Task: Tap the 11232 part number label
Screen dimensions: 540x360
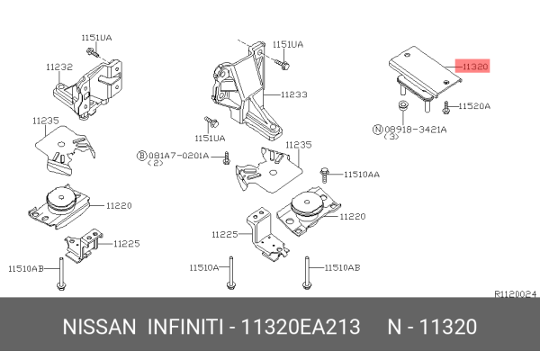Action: pos(59,67)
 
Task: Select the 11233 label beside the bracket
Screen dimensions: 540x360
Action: pos(293,94)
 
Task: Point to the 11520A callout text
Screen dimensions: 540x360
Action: pos(474,106)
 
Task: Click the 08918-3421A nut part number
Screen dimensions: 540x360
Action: pos(416,130)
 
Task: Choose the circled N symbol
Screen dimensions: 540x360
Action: pos(378,130)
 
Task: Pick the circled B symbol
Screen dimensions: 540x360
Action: pos(142,156)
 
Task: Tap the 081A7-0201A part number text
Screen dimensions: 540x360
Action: pos(179,156)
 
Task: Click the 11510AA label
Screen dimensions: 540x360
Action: pos(362,175)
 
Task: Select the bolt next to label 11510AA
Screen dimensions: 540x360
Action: pos(324,175)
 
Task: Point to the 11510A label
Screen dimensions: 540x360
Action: pos(204,267)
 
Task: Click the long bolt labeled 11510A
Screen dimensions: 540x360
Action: pos(230,273)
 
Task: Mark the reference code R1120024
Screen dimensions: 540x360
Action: pos(516,294)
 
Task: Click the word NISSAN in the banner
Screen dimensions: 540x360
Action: pos(99,327)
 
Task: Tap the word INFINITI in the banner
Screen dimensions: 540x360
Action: pos(185,327)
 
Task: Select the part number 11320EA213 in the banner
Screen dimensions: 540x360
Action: pos(301,327)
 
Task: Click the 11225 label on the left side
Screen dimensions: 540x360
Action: pos(127,244)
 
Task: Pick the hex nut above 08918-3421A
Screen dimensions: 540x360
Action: pos(402,105)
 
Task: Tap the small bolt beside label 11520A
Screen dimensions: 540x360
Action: pos(446,107)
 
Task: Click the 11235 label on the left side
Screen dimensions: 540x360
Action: pos(46,121)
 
